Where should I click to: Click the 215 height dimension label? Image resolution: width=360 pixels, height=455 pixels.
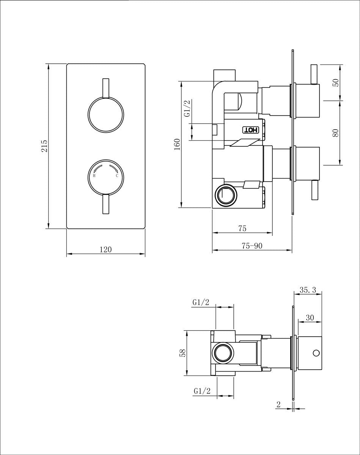[x=44, y=146]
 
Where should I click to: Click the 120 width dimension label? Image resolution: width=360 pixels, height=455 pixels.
[x=105, y=249]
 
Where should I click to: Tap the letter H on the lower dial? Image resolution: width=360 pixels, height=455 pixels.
[x=94, y=176]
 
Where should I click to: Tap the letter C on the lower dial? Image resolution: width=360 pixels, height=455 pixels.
[x=117, y=176]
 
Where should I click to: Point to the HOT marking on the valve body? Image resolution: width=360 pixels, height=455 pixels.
[x=250, y=130]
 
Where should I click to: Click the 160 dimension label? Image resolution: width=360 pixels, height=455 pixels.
[x=177, y=144]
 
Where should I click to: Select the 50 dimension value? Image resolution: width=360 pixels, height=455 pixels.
[x=335, y=83]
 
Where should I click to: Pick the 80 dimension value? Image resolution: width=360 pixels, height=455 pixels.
[x=335, y=133]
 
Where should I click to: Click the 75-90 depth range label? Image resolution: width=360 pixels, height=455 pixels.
[x=252, y=246]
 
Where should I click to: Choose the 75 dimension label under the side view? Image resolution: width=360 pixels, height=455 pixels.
[x=242, y=228]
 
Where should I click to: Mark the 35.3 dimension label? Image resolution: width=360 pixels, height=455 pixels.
[x=308, y=290]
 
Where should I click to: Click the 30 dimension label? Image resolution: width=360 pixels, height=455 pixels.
[x=310, y=318]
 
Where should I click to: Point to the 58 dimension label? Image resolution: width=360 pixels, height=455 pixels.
[x=182, y=353]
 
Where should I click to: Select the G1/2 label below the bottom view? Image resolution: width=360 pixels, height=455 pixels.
[x=202, y=391]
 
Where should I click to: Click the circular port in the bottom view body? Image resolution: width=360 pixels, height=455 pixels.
[x=223, y=353]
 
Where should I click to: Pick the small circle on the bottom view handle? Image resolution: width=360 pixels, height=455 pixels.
[x=315, y=353]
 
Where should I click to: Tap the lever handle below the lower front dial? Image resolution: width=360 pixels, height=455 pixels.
[x=106, y=205]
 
